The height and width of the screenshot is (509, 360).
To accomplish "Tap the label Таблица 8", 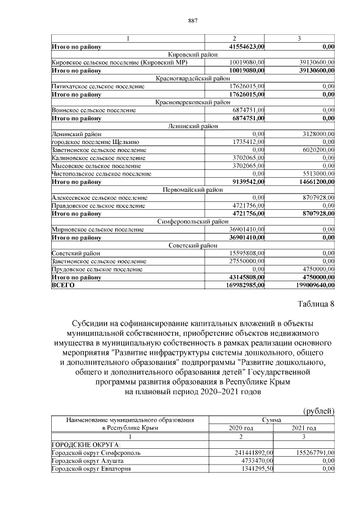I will click(x=315, y=304).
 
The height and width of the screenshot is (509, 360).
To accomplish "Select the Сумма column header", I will click(x=272, y=420).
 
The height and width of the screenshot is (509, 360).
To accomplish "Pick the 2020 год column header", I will click(x=241, y=428).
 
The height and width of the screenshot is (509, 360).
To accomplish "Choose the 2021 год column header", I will click(x=304, y=428).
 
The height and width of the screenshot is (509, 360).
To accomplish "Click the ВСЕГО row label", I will click(x=62, y=285).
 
